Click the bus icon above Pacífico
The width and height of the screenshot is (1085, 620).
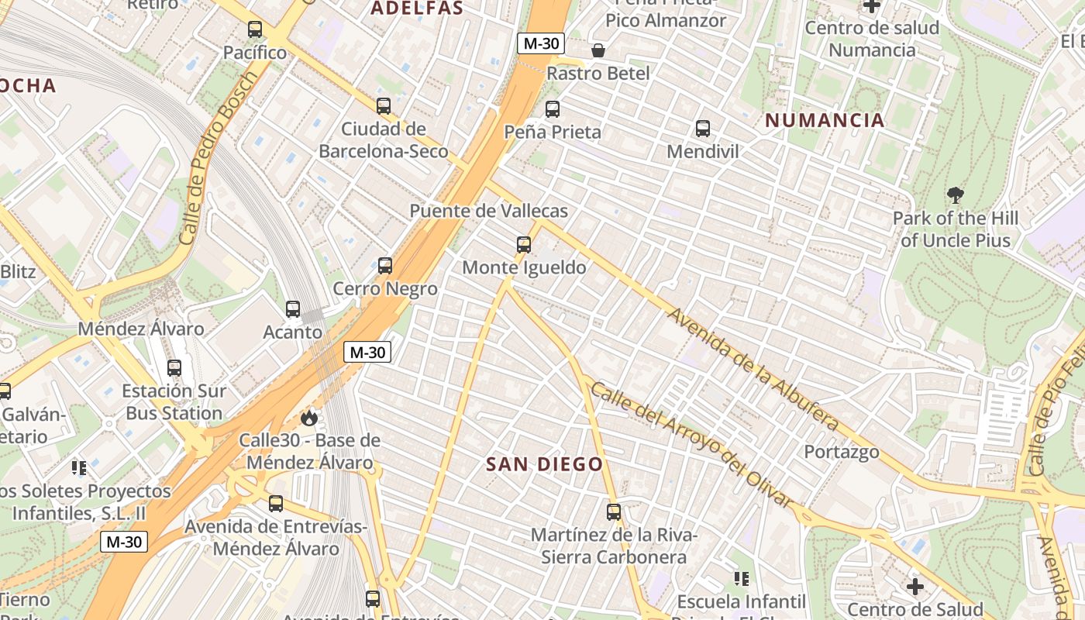point(255,29)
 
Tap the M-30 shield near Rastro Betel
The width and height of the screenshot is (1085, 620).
point(541,43)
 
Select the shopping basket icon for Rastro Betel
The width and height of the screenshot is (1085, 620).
point(598,51)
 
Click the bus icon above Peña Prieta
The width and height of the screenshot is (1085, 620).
point(553,109)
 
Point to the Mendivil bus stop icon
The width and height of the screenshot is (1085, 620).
point(703,129)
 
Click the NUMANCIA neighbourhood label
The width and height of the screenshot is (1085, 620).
point(825,120)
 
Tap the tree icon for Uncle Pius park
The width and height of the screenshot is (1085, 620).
point(956,195)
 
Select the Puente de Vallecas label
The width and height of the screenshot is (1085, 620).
point(488,211)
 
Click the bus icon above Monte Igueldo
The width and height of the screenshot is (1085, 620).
point(524,245)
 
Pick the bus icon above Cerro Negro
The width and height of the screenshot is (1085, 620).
point(385,266)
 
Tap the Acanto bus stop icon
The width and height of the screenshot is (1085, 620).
point(293,309)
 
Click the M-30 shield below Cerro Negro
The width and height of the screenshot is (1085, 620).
point(367,353)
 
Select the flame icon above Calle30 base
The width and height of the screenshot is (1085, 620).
point(309,418)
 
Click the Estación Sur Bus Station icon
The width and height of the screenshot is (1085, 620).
point(174,368)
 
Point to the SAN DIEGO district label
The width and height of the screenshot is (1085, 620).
point(544,465)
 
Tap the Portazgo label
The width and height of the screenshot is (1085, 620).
point(841,452)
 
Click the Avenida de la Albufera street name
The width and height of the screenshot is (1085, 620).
point(753,369)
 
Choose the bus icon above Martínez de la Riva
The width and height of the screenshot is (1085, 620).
point(614,512)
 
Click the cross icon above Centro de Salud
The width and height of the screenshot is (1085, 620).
point(915,587)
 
